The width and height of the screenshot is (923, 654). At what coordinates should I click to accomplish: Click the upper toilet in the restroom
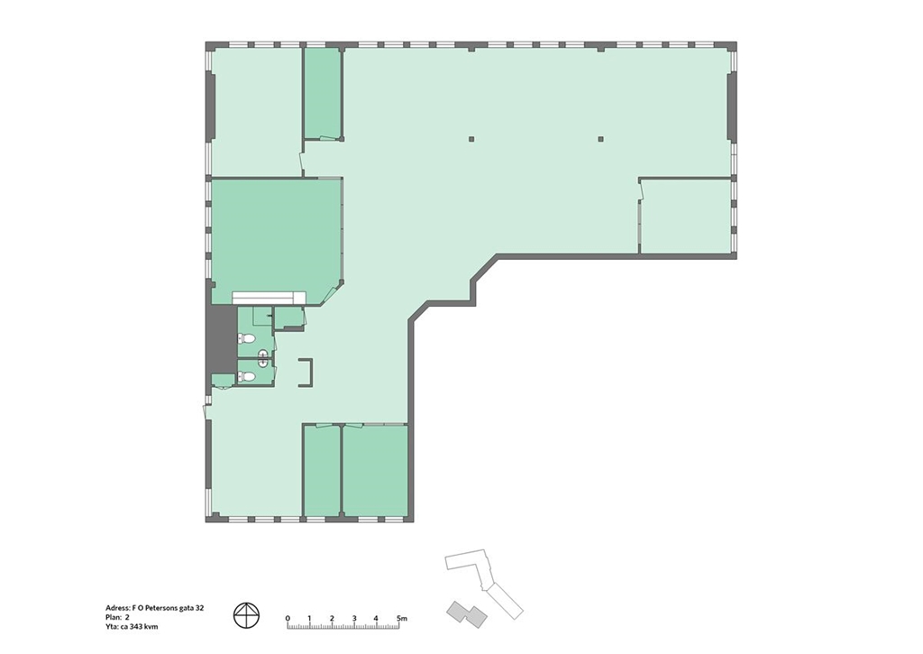[247, 339]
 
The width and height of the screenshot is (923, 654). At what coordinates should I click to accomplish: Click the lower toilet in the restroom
[247, 376]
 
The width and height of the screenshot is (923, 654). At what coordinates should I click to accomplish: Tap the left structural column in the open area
[471, 140]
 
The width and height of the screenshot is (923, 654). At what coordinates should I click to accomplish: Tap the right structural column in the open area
[601, 140]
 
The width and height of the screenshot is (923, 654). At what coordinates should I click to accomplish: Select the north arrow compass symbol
[247, 615]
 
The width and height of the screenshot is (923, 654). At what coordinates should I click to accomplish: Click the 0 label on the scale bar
[288, 618]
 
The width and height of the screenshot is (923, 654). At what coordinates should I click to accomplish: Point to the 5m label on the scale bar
[401, 618]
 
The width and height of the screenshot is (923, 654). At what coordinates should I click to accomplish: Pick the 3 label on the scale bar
[354, 618]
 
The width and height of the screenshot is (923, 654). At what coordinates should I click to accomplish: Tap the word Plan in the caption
[113, 618]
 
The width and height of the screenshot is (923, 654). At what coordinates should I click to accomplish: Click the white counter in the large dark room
[269, 298]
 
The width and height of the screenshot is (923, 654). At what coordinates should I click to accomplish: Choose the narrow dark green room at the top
[322, 93]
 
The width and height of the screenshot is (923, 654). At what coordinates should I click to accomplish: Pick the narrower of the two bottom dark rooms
[322, 471]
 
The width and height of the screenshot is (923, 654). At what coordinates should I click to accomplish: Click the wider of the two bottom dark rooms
[375, 471]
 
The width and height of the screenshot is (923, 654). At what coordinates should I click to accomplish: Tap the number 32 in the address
[199, 608]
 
